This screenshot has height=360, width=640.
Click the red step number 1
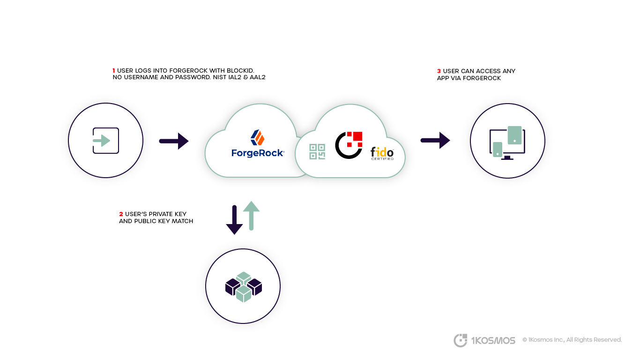click(114, 71)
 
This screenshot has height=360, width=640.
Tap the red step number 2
click(121, 214)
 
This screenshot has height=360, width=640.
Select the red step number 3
click(439, 71)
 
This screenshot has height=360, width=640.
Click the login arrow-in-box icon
click(105, 141)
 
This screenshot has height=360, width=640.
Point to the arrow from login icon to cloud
click(174, 141)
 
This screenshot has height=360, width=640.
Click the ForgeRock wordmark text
click(258, 153)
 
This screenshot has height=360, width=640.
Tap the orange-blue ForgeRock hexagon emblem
click(258, 137)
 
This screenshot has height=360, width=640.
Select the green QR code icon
click(317, 152)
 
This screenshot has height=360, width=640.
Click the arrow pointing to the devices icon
click(435, 140)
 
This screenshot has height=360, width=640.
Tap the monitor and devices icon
click(507, 142)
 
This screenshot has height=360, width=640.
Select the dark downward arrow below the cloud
click(234, 219)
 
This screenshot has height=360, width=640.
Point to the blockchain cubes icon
click(244, 286)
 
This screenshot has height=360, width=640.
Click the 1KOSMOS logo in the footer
click(484, 340)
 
